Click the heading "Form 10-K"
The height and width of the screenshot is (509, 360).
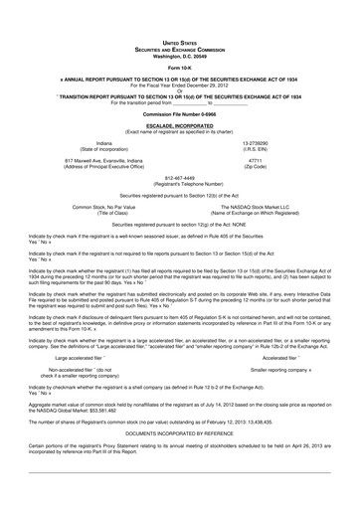[180, 68]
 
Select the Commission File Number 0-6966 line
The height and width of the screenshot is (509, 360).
[180, 114]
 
